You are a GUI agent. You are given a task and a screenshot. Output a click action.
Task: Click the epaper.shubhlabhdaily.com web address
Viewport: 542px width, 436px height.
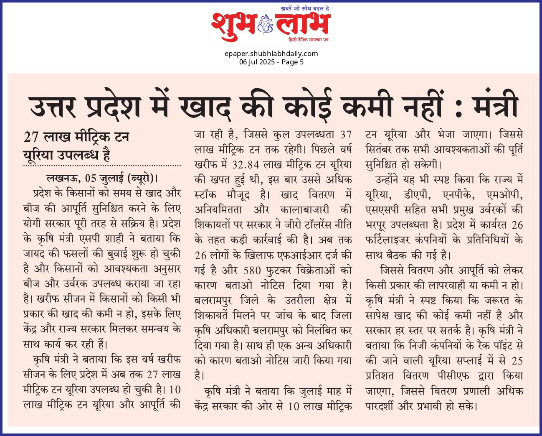271,54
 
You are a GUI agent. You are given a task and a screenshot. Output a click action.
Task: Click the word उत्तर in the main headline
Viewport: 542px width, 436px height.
53,107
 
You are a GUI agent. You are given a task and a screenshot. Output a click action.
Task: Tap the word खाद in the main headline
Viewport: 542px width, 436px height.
205,107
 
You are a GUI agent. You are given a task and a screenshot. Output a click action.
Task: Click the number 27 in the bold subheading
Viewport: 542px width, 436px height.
31,137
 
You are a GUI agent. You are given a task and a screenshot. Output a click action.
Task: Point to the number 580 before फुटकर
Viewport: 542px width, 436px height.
252,270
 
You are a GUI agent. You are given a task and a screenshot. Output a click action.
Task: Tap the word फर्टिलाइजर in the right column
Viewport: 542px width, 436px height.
388,240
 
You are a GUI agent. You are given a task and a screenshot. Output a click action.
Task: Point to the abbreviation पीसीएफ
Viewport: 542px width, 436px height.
453,376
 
